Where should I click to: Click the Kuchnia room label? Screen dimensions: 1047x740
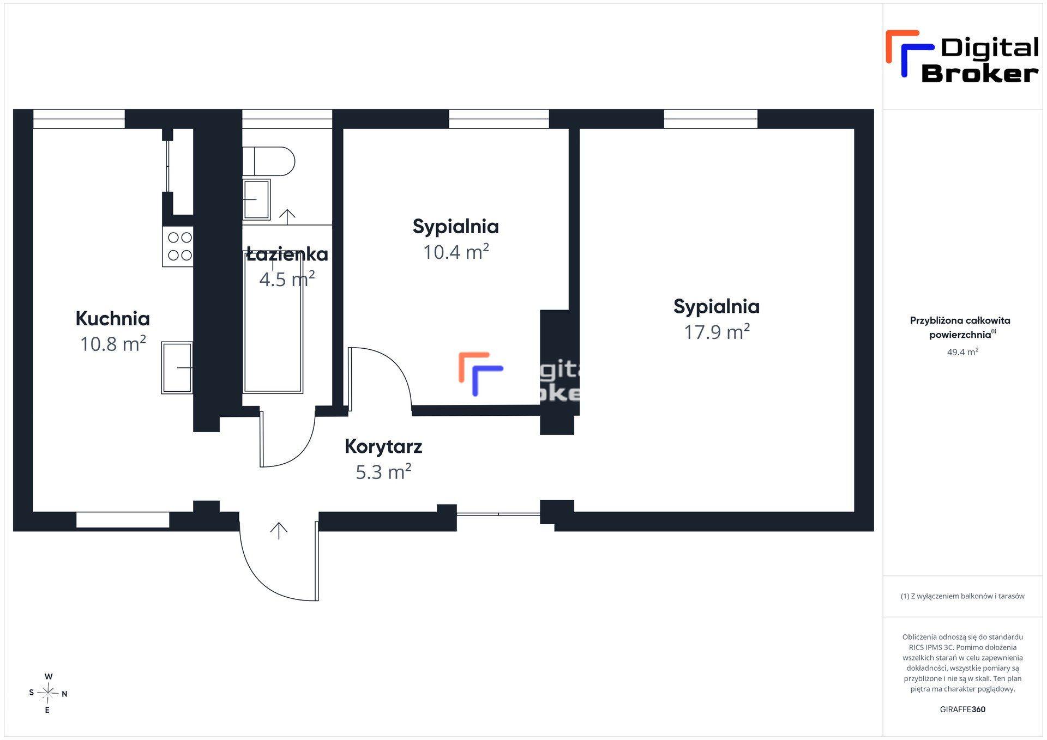click(112, 318)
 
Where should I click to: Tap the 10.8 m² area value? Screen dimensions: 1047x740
click(113, 344)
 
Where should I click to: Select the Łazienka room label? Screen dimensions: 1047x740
click(287, 254)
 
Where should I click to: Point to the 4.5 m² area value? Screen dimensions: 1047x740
click(287, 279)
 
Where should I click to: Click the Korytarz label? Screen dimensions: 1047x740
click(383, 446)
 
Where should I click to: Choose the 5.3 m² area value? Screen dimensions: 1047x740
click(383, 471)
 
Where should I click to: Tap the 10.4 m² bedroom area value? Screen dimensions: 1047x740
click(456, 252)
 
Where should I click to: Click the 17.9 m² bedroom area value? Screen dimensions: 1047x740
click(717, 331)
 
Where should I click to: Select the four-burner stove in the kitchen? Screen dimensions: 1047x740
click(178, 246)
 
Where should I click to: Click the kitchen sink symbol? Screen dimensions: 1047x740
click(177, 368)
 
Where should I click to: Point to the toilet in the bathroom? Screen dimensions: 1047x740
click(268, 161)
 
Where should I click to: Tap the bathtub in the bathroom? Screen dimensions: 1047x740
click(273, 322)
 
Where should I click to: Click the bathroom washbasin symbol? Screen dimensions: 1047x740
click(256, 199)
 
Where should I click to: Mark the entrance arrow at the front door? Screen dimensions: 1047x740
click(279, 531)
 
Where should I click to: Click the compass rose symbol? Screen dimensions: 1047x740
click(48, 693)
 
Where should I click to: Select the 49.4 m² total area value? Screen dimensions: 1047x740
click(962, 352)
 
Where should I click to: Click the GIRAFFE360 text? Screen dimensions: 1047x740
click(962, 709)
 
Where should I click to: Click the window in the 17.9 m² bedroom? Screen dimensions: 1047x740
click(711, 119)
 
